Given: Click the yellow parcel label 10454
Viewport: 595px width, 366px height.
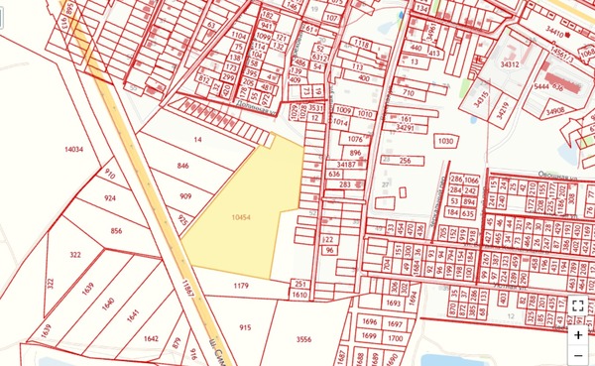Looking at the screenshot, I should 238,217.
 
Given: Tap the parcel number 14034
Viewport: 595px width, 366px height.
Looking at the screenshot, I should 72,150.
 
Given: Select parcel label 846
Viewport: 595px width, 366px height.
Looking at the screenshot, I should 182,166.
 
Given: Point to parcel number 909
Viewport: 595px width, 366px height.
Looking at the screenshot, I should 186,196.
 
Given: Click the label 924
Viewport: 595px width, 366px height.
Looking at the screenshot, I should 109,198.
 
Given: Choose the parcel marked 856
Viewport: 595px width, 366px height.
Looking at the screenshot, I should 116,230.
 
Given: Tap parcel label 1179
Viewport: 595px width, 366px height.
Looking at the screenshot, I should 240,287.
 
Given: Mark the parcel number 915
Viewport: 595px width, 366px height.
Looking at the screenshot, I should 245,326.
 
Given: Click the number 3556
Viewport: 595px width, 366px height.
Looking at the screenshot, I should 303,340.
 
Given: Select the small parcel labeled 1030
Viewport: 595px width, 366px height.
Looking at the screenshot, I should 444,141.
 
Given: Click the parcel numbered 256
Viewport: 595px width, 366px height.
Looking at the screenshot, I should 405,161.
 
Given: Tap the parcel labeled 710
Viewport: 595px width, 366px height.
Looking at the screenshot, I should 408,92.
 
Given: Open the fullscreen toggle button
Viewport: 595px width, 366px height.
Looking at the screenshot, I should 578,305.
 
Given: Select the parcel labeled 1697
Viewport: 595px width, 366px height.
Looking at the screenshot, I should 395,323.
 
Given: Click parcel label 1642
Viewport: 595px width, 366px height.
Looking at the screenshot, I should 151,339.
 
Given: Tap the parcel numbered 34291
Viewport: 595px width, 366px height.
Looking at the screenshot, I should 404,128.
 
